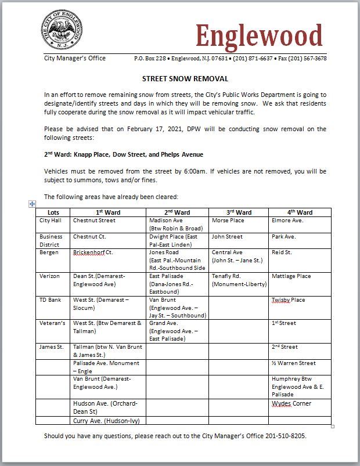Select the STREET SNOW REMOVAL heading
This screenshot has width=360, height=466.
point(185,79)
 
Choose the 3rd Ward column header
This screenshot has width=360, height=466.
point(239,212)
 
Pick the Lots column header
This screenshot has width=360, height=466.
point(53,212)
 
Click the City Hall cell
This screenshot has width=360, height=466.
point(50,221)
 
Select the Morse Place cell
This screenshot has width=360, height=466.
point(228,221)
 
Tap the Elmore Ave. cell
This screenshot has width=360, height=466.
point(287,221)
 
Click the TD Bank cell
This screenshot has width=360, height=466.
point(51,300)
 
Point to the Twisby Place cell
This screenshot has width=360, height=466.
point(288,300)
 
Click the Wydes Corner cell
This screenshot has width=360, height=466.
point(291,403)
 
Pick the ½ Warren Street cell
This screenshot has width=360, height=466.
point(294,363)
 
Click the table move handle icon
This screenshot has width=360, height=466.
point(33,204)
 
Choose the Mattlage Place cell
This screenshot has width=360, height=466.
point(291,276)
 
